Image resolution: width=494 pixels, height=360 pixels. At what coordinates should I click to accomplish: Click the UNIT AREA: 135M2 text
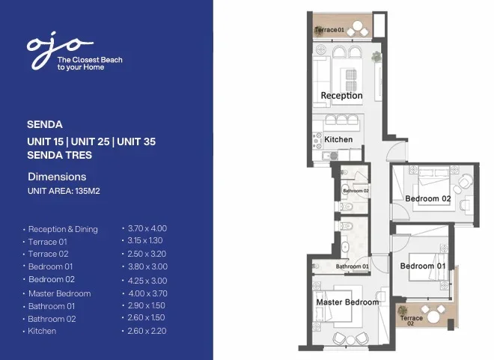(x=64, y=191)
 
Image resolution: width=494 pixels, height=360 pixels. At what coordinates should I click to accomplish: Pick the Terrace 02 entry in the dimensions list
(x=48, y=254)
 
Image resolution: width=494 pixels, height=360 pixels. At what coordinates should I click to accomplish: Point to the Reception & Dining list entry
(x=63, y=229)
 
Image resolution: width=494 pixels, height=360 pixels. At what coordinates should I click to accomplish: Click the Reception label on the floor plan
(x=341, y=96)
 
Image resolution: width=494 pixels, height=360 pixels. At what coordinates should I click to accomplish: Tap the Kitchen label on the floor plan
(x=338, y=139)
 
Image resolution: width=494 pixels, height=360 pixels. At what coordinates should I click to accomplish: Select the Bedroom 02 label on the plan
(x=428, y=199)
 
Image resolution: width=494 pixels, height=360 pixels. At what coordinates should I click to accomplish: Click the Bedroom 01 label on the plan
(x=423, y=266)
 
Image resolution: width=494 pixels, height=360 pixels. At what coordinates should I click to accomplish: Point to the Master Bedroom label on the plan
(x=347, y=302)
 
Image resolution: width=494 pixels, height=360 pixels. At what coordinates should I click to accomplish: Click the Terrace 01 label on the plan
(x=329, y=30)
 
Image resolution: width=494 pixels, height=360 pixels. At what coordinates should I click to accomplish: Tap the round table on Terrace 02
(x=433, y=317)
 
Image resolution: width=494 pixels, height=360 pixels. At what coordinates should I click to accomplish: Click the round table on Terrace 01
(x=358, y=25)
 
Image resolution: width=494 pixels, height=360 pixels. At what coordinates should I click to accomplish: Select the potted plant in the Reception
(x=376, y=57)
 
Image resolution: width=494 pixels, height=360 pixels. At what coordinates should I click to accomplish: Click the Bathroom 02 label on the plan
(x=356, y=191)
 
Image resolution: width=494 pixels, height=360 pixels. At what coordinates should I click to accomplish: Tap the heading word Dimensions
(x=57, y=177)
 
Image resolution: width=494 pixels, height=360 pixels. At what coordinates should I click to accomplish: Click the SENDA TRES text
(x=60, y=155)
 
